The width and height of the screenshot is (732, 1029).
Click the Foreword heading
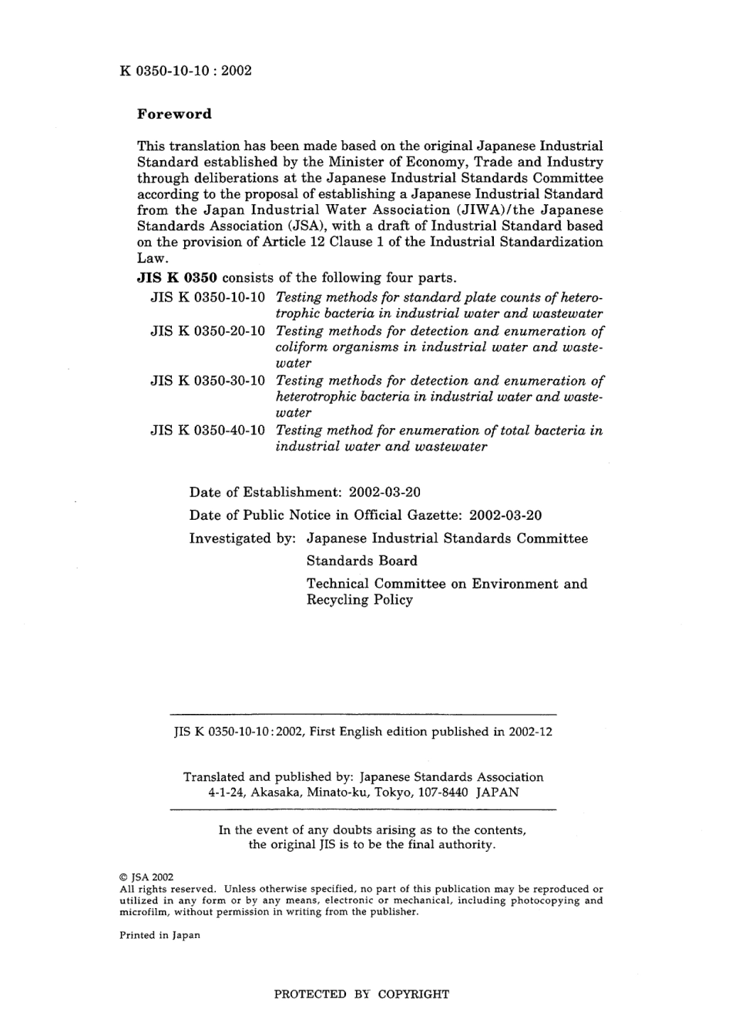click(x=173, y=114)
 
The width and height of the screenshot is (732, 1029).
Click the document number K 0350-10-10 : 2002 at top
click(x=186, y=71)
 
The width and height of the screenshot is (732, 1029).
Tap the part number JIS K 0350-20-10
click(x=207, y=331)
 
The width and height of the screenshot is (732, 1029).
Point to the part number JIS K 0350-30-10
click(x=207, y=380)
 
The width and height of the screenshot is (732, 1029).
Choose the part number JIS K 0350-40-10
click(x=207, y=431)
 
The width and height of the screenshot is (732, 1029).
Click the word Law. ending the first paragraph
click(x=152, y=259)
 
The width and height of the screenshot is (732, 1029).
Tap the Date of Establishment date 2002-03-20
click(x=384, y=492)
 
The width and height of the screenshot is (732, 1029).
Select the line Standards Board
click(x=361, y=561)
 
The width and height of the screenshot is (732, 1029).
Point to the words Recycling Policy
click(x=359, y=600)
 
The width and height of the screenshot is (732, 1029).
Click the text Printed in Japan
click(x=159, y=935)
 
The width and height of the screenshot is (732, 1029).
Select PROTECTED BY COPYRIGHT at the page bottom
click(x=361, y=994)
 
